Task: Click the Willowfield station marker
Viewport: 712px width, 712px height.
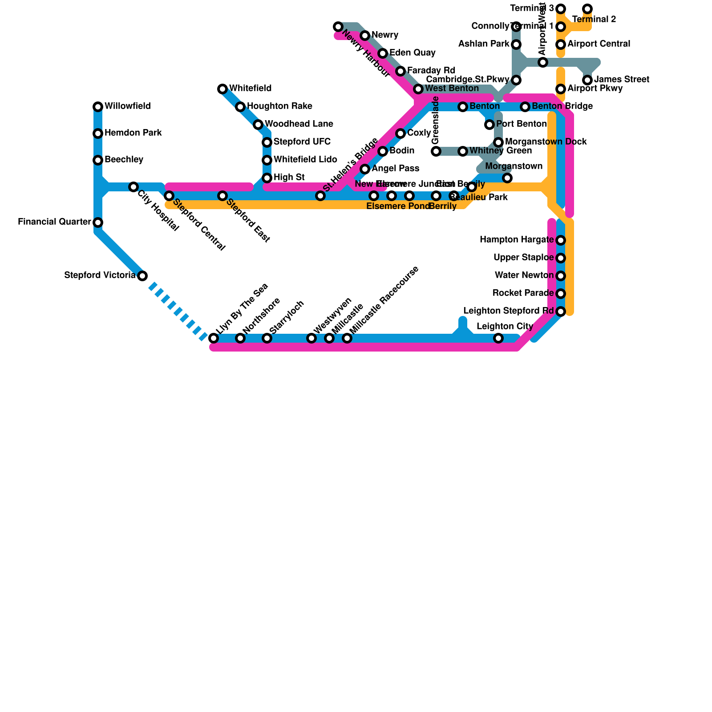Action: [x=98, y=107]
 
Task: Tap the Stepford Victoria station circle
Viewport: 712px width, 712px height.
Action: [x=142, y=276]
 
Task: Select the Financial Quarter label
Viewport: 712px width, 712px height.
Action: [x=54, y=222]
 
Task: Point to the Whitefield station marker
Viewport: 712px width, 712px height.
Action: [x=222, y=89]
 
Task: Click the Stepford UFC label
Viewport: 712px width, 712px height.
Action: [x=302, y=142]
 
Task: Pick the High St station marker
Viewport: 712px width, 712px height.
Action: [x=267, y=178]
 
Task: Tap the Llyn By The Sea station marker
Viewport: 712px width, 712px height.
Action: [x=214, y=338]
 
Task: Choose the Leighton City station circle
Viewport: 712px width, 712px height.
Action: [x=498, y=338]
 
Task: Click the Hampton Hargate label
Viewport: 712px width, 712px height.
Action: [x=516, y=240]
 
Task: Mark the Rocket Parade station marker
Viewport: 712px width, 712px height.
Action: [x=561, y=294]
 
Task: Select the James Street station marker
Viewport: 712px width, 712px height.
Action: [x=587, y=80]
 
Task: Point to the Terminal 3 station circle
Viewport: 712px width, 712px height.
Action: [x=561, y=9]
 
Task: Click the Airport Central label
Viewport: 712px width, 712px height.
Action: [x=599, y=44]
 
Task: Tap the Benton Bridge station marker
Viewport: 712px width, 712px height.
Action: [x=525, y=107]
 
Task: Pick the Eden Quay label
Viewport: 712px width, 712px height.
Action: [x=412, y=53]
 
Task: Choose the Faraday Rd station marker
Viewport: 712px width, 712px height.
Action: [x=400, y=71]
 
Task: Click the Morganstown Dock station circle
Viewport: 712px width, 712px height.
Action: [x=498, y=142]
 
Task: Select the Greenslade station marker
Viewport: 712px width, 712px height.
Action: [x=436, y=151]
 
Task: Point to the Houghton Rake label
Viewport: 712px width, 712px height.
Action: [x=279, y=106]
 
